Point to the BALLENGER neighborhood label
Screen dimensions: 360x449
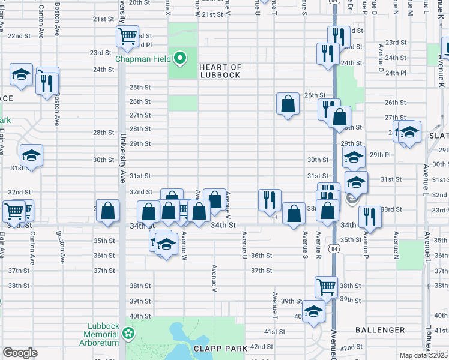[380, 330]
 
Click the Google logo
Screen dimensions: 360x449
[20, 353]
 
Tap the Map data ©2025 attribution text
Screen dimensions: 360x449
[423, 355]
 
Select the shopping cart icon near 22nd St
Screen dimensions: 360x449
[127, 37]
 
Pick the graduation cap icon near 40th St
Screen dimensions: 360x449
[313, 311]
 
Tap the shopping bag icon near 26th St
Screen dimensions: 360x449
[288, 103]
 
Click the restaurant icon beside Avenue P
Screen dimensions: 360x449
[367, 218]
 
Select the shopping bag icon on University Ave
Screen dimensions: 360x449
[107, 211]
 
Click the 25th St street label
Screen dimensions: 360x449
[139, 88]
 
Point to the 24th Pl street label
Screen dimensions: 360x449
[396, 73]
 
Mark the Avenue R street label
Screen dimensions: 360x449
[318, 242]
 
